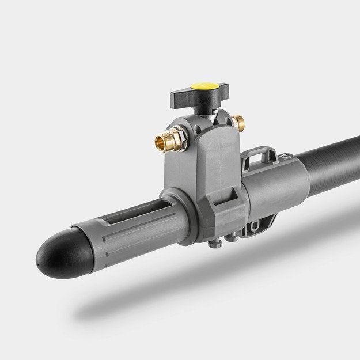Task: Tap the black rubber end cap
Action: (x=58, y=254)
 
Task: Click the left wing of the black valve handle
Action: (x=180, y=96)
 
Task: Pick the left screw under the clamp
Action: (x=214, y=243)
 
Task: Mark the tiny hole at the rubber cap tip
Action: (x=39, y=263)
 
